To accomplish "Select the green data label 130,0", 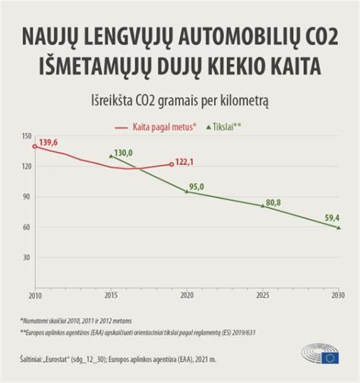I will click(x=122, y=153).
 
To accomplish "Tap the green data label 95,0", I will click(x=200, y=186).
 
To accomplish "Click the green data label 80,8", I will click(x=273, y=202).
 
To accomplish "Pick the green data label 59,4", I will click(x=330, y=217).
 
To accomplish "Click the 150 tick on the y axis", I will click(x=27, y=136).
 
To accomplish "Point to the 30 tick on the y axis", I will click(x=27, y=258).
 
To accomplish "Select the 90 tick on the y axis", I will click(x=27, y=197).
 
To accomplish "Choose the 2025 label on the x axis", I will click(x=263, y=295).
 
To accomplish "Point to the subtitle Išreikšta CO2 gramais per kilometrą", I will click(x=180, y=100).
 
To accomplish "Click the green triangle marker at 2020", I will click(x=187, y=191).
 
